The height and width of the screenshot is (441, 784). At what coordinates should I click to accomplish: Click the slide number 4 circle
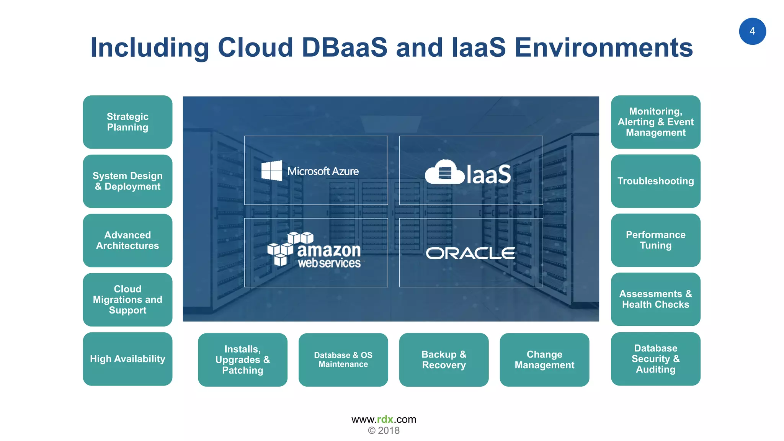[x=752, y=31]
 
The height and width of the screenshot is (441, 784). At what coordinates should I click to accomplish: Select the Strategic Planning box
[x=127, y=122]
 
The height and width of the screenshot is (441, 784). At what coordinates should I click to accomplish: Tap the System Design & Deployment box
[x=127, y=181]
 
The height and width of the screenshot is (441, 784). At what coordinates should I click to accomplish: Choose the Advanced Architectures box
[x=127, y=240]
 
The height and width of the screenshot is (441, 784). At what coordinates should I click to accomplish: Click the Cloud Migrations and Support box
[x=127, y=299]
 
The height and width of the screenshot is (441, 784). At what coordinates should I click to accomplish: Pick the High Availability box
[x=127, y=359]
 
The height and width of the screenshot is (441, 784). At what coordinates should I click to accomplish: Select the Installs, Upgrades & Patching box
[x=242, y=359]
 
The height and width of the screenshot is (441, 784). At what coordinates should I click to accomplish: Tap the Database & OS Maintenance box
[x=343, y=359]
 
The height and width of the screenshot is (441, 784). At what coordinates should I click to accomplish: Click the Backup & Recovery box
[x=444, y=359]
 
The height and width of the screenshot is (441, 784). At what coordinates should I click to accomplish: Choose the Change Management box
[x=544, y=359]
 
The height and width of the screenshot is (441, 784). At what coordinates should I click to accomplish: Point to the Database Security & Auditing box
[x=655, y=359]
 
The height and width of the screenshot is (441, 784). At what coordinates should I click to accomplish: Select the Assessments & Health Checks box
[x=655, y=299]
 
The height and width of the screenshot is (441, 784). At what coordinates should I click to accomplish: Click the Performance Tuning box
[x=655, y=240]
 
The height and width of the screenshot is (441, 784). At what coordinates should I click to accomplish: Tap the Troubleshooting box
[x=655, y=181]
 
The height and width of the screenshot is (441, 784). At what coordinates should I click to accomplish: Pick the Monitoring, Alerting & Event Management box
[x=655, y=122]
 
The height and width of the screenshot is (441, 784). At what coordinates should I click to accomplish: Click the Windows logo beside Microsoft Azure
[x=271, y=171]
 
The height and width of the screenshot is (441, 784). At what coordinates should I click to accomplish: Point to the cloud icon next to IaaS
[x=444, y=172]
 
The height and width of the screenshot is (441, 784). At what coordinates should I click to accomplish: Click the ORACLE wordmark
[x=470, y=253]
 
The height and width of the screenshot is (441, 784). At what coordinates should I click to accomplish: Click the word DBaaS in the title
[x=344, y=47]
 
